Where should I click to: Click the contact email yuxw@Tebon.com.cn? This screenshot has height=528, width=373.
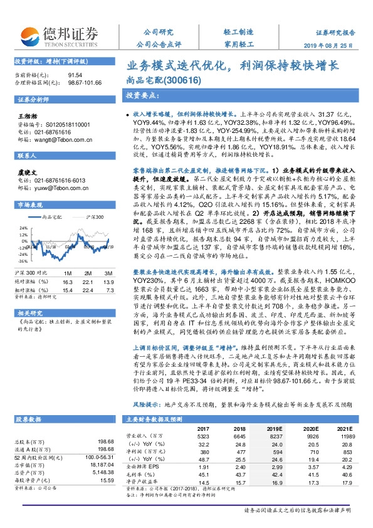[x=56, y=187]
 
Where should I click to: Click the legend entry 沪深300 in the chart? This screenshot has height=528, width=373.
[x=95, y=217]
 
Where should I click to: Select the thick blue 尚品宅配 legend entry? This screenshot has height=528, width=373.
[x=53, y=217]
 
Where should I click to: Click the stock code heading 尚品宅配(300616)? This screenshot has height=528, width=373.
[x=160, y=80]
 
